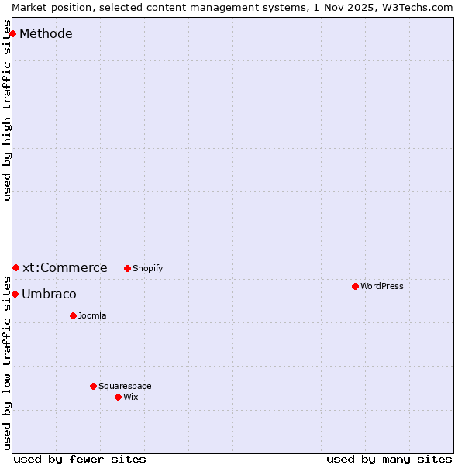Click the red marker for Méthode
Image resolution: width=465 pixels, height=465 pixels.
click(13, 33)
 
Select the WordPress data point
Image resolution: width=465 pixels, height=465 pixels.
click(355, 286)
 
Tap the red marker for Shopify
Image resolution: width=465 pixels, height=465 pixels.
click(127, 268)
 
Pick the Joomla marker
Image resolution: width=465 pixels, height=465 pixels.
click(73, 315)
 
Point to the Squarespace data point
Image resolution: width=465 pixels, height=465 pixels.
click(93, 386)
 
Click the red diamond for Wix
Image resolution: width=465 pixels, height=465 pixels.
click(118, 397)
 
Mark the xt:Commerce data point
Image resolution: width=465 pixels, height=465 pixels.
click(15, 267)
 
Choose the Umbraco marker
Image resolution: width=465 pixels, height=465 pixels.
click(15, 294)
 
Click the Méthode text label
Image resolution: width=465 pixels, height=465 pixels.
click(46, 33)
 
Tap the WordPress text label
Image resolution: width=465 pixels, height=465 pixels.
click(381, 286)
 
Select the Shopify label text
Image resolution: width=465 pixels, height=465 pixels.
click(147, 268)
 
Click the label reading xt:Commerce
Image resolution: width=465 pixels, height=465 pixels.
click(65, 267)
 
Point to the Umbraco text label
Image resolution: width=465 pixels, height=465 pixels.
click(49, 294)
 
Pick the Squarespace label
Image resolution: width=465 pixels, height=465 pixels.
click(125, 386)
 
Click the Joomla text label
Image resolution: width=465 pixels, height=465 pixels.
click(92, 315)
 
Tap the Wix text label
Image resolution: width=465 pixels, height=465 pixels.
click(130, 397)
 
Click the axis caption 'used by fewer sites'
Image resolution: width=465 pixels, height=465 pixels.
click(80, 459)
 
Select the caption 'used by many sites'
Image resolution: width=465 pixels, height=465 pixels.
click(389, 459)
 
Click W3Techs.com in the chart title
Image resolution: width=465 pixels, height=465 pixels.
click(416, 7)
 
